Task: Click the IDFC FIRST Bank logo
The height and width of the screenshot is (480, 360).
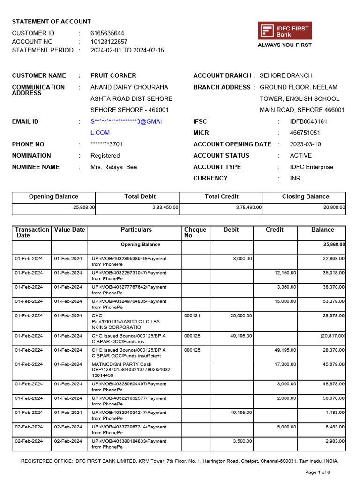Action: [x=285, y=31]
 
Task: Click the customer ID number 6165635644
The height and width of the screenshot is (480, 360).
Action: [x=107, y=33]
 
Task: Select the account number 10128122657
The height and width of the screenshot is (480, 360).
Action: [x=109, y=42]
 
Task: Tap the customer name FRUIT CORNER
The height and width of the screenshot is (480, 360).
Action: [x=113, y=75]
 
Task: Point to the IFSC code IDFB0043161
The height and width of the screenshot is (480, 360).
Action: [x=308, y=121]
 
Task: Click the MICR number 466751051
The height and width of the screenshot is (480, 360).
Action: [x=305, y=133]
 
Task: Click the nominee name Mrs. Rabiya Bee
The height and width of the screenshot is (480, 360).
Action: [x=113, y=167]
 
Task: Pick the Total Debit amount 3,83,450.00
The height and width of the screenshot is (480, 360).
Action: [x=165, y=207]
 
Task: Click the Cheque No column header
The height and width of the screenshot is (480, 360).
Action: [x=195, y=232]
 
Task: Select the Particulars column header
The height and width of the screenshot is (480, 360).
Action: [x=136, y=230]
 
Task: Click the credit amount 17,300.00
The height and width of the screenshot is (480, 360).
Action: [x=285, y=364]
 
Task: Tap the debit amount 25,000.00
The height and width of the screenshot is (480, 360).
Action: [x=241, y=316]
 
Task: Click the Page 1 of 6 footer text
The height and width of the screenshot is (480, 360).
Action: [x=324, y=472]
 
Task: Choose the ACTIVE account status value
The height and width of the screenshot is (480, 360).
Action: [x=300, y=156]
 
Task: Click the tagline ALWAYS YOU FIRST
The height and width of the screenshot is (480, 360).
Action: [x=285, y=45]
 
